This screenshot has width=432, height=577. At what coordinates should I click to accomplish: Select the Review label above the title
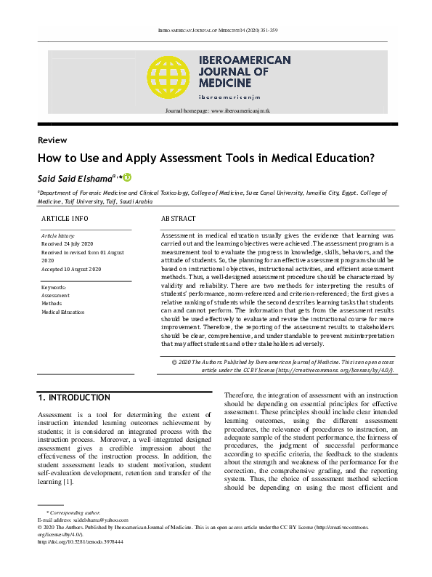tap(52, 140)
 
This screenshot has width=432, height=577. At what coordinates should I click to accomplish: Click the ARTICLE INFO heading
tap(65, 218)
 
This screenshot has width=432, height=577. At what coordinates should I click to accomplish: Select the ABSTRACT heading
tap(178, 218)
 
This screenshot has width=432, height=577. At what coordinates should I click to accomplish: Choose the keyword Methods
tap(53, 304)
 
